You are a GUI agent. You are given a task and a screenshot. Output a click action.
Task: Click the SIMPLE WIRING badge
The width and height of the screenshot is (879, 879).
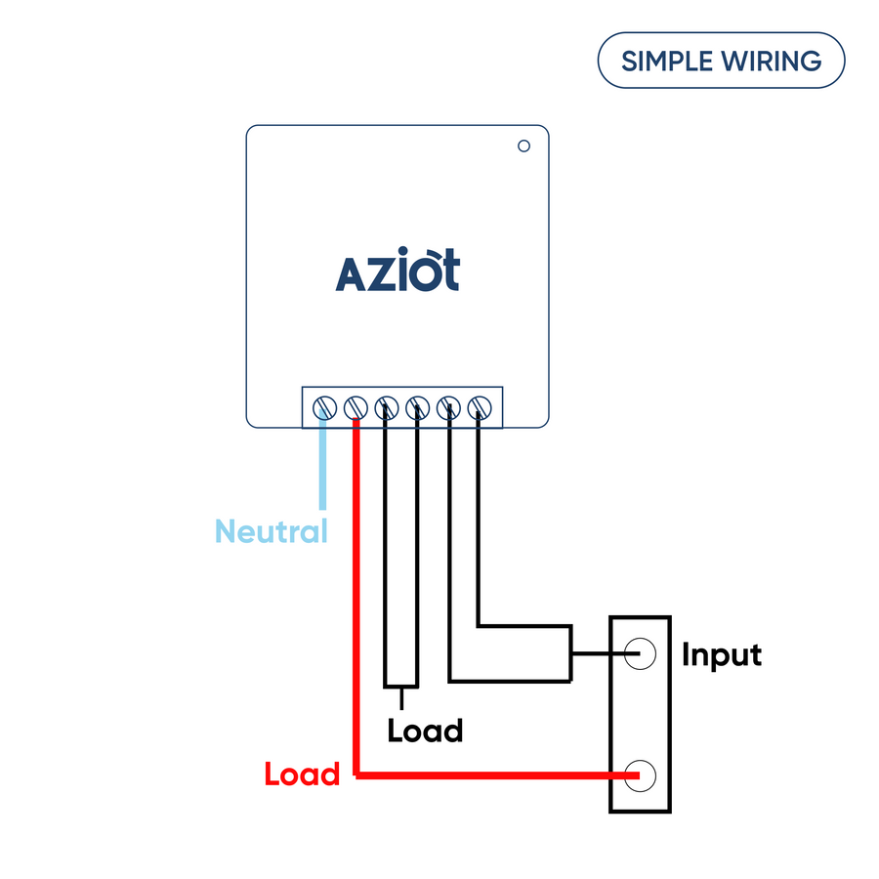(x=721, y=61)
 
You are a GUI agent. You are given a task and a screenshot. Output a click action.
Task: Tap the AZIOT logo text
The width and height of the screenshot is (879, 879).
(x=398, y=272)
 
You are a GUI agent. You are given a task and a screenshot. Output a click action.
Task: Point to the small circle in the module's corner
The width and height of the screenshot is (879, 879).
(x=523, y=146)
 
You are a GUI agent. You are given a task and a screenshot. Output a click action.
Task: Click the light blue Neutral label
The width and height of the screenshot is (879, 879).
(x=271, y=532)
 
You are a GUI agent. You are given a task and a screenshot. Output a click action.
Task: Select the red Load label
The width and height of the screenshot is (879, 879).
(x=302, y=774)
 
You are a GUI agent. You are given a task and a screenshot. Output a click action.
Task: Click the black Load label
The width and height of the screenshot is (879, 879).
(x=425, y=731)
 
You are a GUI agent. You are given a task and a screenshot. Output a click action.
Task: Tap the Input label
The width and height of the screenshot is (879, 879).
(x=721, y=654)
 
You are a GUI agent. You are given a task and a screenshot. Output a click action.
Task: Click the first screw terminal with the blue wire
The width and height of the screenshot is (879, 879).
(x=323, y=406)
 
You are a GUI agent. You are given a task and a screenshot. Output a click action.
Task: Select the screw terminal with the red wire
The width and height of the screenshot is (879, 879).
(x=355, y=406)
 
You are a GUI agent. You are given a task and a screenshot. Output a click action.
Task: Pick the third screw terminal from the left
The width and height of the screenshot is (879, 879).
(x=386, y=406)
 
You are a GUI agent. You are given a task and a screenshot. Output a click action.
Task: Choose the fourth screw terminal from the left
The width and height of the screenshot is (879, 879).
(x=417, y=406)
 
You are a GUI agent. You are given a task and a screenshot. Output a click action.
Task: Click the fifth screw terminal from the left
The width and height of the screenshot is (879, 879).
(x=448, y=406)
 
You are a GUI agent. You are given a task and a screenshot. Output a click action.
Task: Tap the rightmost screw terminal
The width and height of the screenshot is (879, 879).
(x=480, y=406)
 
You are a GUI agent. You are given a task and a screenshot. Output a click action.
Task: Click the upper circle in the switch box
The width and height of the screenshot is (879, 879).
(x=641, y=653)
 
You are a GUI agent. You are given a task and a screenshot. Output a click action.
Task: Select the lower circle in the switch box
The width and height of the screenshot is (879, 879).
(x=641, y=775)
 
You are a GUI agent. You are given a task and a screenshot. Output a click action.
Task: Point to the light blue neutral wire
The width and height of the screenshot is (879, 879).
(x=322, y=469)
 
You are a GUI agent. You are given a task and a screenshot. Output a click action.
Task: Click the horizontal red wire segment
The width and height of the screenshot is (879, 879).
(x=488, y=775)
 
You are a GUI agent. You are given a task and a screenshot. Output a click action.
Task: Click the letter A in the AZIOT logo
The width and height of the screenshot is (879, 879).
(x=353, y=274)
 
